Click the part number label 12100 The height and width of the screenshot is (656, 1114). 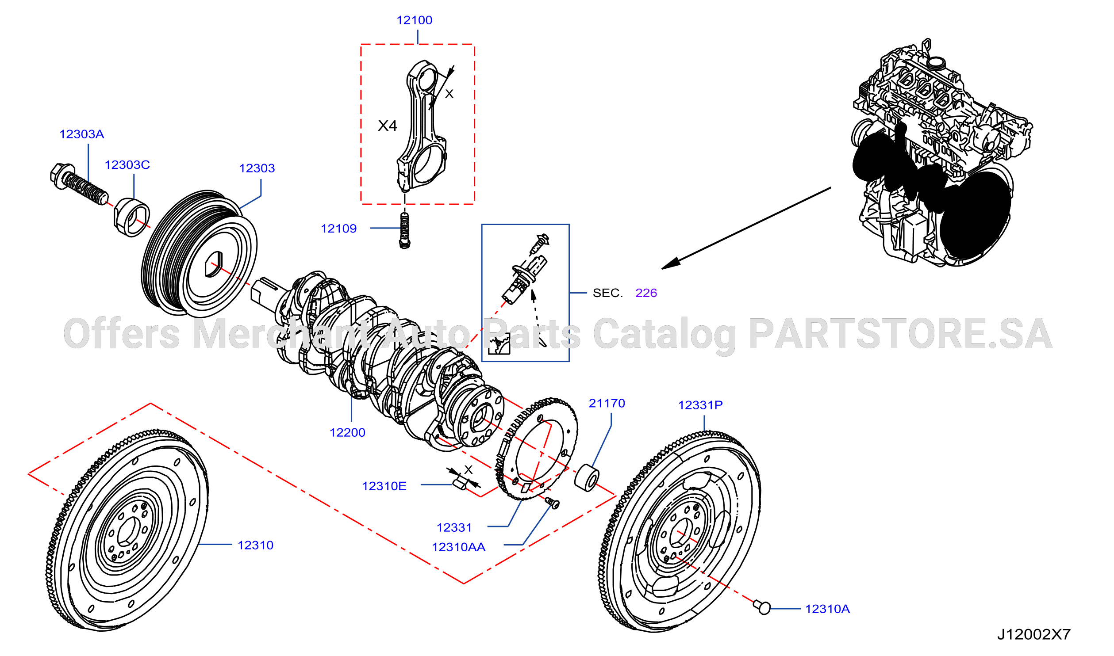414,20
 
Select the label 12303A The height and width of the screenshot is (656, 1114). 82,134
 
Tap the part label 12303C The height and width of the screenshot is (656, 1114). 127,165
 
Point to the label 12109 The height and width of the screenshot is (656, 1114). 339,229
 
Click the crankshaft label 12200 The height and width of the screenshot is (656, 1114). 348,433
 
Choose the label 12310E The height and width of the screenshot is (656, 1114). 384,486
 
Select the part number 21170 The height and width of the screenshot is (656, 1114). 607,404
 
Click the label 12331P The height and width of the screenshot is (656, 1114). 701,405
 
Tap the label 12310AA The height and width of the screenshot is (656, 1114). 459,547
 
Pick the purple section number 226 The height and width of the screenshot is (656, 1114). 646,293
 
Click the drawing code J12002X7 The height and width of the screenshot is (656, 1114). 1034,635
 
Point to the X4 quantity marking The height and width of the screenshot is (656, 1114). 388,126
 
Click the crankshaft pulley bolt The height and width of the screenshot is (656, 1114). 79,184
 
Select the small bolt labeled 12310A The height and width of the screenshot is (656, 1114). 762,607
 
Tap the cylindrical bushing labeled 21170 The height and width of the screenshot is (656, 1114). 587,478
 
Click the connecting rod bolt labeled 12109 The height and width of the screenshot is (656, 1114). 404,231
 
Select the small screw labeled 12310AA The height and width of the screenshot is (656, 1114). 552,503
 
